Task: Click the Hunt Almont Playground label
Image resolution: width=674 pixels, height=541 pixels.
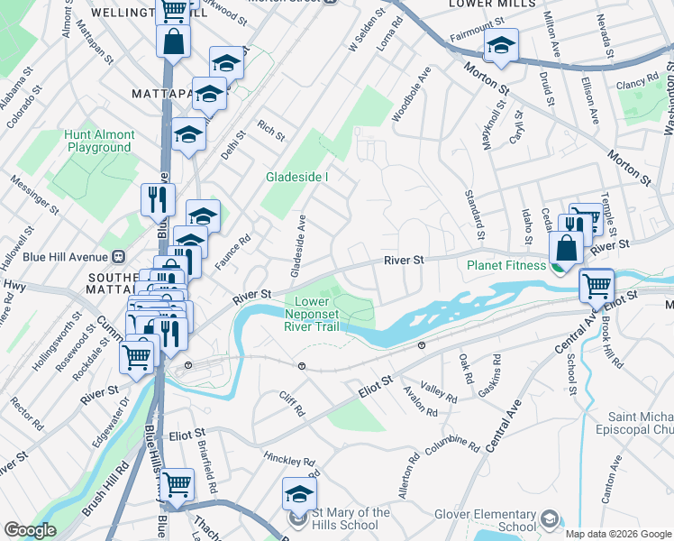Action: tap(100, 141)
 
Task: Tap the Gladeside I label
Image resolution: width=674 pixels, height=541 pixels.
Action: tap(296, 178)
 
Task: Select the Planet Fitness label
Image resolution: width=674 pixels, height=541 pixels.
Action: tap(506, 265)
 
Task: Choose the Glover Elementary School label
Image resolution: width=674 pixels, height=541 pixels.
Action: tap(492, 520)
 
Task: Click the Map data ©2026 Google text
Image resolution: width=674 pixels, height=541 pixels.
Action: tap(618, 534)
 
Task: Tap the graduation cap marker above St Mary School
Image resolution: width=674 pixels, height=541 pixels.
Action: tap(299, 493)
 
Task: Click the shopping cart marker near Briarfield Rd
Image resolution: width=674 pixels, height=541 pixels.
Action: tap(178, 485)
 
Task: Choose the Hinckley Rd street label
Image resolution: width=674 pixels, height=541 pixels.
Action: tap(287, 464)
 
